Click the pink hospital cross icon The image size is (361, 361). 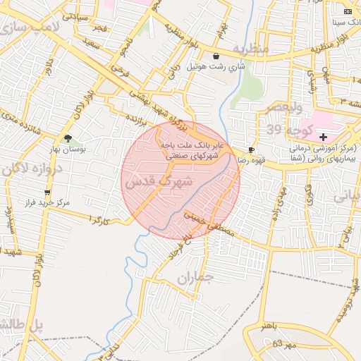[323, 135]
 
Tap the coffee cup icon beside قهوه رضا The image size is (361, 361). [252, 149]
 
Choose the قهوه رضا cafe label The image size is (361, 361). [230, 160]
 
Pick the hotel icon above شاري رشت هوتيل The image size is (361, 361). [215, 56]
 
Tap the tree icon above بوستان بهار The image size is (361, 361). [68, 138]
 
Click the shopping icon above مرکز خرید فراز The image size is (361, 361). [47, 192]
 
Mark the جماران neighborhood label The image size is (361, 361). [195, 279]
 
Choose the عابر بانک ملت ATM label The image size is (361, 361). [192, 145]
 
